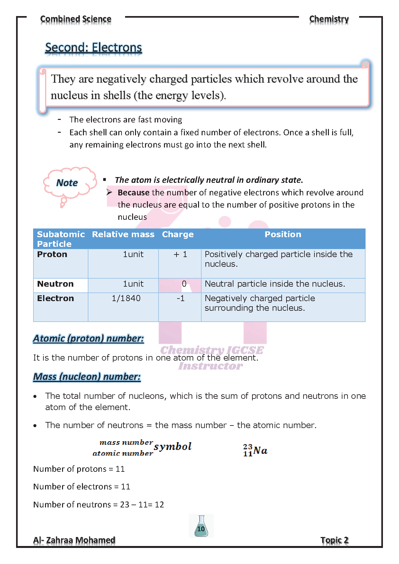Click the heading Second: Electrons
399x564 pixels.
pos(93,48)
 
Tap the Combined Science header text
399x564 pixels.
pos(76,19)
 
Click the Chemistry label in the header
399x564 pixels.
pos(329,19)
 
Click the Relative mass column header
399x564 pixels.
pos(123,235)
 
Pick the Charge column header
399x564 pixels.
pos(178,235)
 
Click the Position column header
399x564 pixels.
pos(283,235)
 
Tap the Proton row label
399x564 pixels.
pos(52,254)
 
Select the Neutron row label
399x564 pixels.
pos(55,284)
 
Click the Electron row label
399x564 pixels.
pos(55,299)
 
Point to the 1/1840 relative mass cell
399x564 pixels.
pos(126,299)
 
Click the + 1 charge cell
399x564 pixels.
pos(180,255)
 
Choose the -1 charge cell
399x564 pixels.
pos(180,299)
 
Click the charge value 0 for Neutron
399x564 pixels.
pos(184,284)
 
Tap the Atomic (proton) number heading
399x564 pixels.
pos(88,338)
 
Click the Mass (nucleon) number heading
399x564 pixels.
pos(87,377)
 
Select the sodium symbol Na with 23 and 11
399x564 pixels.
pos(255,450)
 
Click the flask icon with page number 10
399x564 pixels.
pos(201,526)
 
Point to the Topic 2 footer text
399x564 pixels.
pos(334,540)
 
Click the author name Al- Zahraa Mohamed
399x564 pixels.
pos(74,540)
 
